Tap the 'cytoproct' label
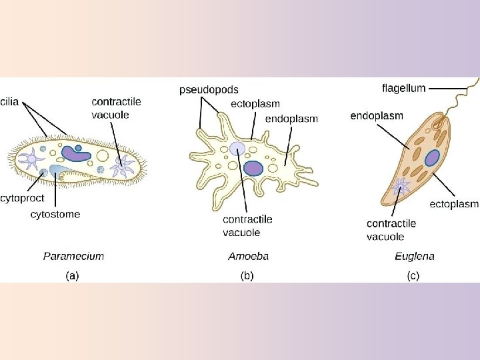pos(23,197)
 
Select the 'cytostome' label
pos(55,214)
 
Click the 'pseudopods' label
pos(207,89)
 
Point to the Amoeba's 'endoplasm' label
pos(291,119)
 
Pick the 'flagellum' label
pos(403,87)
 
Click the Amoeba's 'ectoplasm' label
pos(255,103)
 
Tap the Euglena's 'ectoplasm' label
pos(453,203)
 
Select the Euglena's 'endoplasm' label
pos(377,115)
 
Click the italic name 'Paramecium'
pos(73,255)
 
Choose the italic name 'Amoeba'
pos(248,255)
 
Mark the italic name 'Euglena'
pos(414,255)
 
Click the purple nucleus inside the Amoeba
pos(253,168)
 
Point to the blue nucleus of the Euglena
pos(432,158)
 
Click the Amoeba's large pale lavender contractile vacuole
pos(237,149)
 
